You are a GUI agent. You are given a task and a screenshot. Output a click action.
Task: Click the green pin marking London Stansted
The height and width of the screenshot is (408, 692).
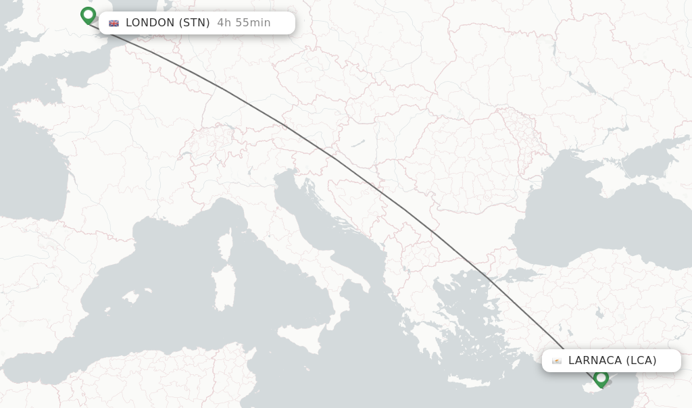pos(88,15)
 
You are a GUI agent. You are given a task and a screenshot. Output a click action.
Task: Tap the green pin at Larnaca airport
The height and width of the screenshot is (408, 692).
pos(601,378)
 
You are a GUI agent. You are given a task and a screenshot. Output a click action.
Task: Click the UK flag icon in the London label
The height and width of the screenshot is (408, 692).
pos(114,23)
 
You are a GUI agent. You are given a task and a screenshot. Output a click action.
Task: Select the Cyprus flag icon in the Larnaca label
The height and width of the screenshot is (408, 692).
pos(557,361)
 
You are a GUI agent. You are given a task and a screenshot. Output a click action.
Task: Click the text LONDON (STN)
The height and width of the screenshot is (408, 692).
pos(168,23)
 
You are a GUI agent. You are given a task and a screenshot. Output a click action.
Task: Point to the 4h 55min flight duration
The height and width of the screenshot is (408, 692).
pos(244,23)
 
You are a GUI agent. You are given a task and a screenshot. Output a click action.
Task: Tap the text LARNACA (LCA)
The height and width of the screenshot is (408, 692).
pos(612,361)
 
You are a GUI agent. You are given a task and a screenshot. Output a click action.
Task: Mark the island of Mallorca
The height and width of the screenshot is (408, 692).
pos(129,297)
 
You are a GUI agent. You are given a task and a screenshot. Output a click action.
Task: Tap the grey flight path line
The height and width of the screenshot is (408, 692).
pos(378,189)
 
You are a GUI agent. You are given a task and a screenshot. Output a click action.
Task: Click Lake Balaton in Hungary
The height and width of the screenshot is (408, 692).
pos(357,143)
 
